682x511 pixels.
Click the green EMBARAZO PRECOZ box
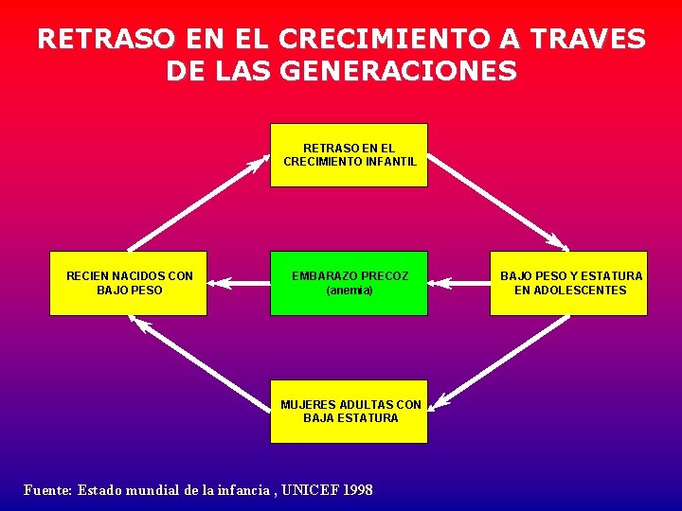(x=349, y=283)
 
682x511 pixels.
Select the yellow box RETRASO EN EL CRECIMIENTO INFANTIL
(x=349, y=155)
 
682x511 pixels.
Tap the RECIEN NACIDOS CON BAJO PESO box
(x=128, y=283)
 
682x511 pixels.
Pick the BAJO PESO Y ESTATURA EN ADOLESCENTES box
(x=568, y=283)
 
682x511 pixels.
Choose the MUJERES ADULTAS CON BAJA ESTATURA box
(x=349, y=412)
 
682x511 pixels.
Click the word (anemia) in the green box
(x=350, y=291)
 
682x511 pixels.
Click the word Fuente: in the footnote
(x=47, y=490)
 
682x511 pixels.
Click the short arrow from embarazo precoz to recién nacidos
(x=238, y=281)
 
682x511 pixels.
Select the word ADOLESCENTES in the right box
(x=570, y=291)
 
